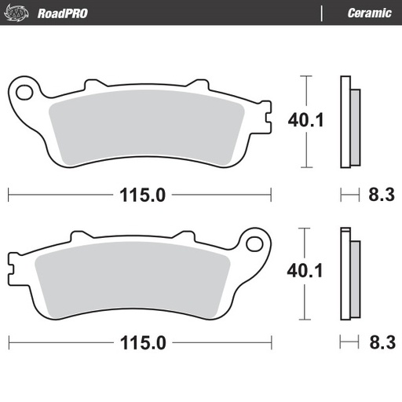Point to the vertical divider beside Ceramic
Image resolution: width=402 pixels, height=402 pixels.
coord(322,13)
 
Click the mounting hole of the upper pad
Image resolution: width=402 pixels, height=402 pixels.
coord(25,92)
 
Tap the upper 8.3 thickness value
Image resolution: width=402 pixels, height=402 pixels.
coord(380,195)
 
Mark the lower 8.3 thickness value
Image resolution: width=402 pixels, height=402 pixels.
coord(380,343)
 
